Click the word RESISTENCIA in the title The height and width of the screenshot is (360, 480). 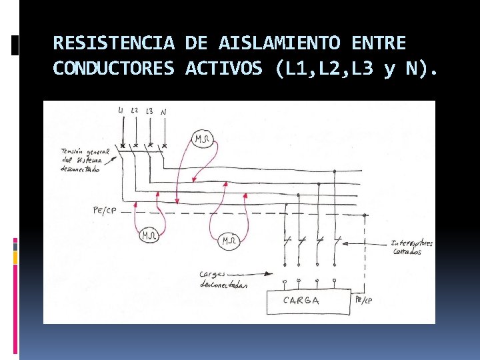(113, 44)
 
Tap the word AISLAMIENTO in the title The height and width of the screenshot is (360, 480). (279, 44)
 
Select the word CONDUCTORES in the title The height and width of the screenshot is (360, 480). (113, 69)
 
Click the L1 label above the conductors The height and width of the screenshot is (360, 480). (120, 110)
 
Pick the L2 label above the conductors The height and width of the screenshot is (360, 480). (135, 110)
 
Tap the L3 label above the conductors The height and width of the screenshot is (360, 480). (149, 111)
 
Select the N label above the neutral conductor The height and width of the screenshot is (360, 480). (163, 112)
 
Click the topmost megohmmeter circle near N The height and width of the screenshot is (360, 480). (202, 139)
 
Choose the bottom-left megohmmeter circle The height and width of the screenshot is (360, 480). (149, 235)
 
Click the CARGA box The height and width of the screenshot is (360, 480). (309, 301)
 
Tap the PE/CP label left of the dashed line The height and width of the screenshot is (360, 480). (105, 211)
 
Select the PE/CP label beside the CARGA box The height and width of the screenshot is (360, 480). (364, 301)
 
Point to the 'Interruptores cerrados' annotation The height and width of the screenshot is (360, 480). (412, 247)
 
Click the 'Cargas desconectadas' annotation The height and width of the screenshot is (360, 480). (223, 279)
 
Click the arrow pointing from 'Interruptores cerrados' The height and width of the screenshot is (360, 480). (373, 243)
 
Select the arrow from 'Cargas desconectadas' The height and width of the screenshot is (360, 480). (257, 273)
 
